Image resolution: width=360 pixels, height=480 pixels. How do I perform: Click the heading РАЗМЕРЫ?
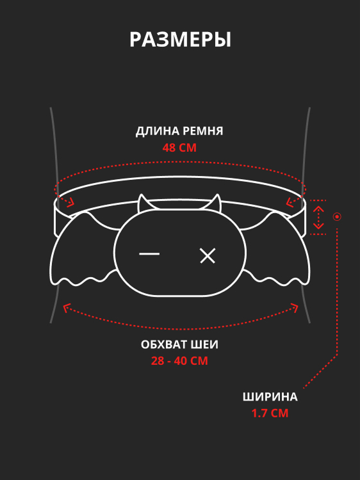(x=180, y=40)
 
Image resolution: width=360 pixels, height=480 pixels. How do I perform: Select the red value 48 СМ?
(x=179, y=148)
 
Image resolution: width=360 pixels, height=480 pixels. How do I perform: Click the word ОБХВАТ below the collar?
(x=164, y=345)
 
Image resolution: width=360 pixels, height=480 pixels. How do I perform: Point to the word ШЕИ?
(x=204, y=345)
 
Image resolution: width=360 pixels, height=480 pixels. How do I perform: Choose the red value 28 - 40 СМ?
(x=179, y=361)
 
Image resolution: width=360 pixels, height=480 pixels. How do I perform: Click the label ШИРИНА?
(x=270, y=397)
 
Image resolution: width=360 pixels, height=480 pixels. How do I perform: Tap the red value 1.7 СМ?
(x=270, y=413)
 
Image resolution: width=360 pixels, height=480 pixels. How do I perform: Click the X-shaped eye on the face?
(x=208, y=255)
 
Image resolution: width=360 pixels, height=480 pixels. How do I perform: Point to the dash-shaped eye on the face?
(x=149, y=254)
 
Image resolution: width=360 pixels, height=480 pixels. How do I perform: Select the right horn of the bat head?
(x=216, y=203)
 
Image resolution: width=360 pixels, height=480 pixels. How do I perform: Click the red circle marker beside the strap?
(x=337, y=217)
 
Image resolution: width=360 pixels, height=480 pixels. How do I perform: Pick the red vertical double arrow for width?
(x=318, y=218)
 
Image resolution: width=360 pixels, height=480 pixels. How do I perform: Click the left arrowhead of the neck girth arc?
(x=67, y=308)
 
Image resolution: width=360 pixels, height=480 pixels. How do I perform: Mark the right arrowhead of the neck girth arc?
(x=295, y=308)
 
